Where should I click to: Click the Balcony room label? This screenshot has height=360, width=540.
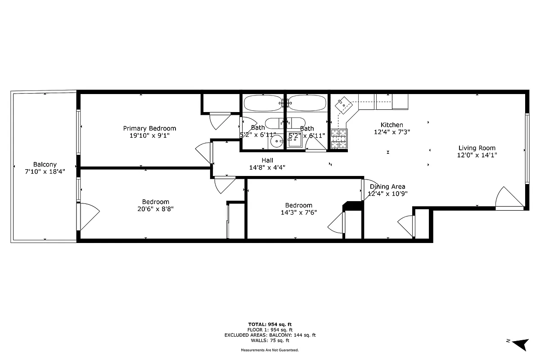tap(45, 165)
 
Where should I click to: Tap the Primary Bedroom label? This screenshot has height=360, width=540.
tap(149, 128)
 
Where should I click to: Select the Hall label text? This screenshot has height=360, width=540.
tap(267, 160)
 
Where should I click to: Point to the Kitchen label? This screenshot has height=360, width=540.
tap(391, 125)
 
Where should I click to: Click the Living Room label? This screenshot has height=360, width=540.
tap(477, 148)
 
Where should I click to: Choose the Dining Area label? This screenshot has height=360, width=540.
tap(387, 187)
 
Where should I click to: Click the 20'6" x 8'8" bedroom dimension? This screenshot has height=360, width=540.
tap(155, 209)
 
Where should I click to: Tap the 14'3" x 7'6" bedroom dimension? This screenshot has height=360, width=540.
tap(298, 212)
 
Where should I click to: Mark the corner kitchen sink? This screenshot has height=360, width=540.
tap(345, 104)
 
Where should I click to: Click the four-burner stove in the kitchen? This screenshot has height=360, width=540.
tap(340, 139)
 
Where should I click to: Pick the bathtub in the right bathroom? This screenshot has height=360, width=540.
tap(307, 103)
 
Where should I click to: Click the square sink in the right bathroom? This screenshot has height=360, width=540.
tap(295, 142)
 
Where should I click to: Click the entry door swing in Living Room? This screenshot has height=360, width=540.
tap(508, 198)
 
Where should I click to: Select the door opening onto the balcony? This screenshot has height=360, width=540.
tap(87, 216)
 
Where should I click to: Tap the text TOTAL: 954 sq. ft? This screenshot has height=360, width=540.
tap(270, 324)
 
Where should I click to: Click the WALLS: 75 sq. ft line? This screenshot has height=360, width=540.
tap(270, 340)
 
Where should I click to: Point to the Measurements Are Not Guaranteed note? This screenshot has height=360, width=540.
tap(270, 350)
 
